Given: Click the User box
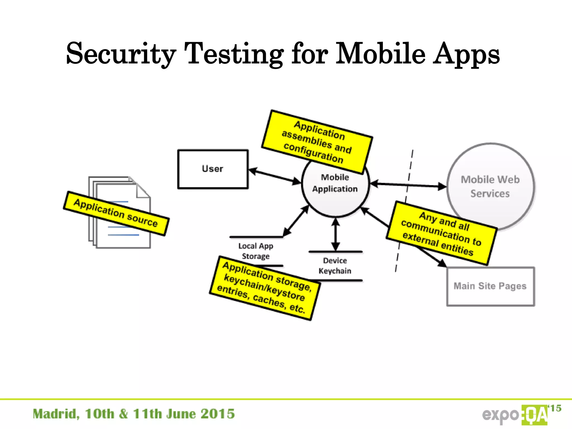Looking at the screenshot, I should pos(213,169).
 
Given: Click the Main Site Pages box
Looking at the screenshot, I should pos(490,286).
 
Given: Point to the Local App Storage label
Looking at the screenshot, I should pos(256,251).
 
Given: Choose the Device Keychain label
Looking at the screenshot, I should pos(335,266).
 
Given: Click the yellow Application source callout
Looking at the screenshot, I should pos(116,213).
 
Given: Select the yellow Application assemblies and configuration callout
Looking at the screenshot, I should pos(317,142).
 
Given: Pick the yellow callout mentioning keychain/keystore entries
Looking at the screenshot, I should pos(264,288).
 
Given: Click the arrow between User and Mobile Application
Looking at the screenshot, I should pos(275,176).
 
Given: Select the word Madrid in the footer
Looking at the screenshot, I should pos(56,414).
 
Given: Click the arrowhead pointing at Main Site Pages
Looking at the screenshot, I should pos(442,263).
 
